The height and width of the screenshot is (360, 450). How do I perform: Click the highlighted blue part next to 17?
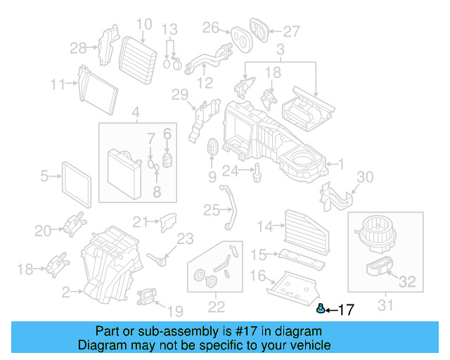coord(321,309)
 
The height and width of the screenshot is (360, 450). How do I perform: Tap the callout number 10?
coord(143,25)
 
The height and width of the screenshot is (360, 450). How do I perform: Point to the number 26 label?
coord(211,27)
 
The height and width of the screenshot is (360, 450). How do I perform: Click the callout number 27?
coord(291,31)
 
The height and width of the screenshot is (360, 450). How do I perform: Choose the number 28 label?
coord(79,48)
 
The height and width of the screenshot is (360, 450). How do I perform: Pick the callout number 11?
coord(58,84)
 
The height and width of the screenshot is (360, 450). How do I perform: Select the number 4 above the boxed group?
coord(136,111)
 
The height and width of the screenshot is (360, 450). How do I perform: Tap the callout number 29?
coord(180,95)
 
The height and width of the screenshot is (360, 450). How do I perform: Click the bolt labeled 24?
coord(259,170)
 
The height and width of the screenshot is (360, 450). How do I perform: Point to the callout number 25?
coord(212,210)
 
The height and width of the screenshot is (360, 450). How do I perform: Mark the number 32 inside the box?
coord(408,282)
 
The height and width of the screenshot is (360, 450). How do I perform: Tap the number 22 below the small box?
coord(216,306)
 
